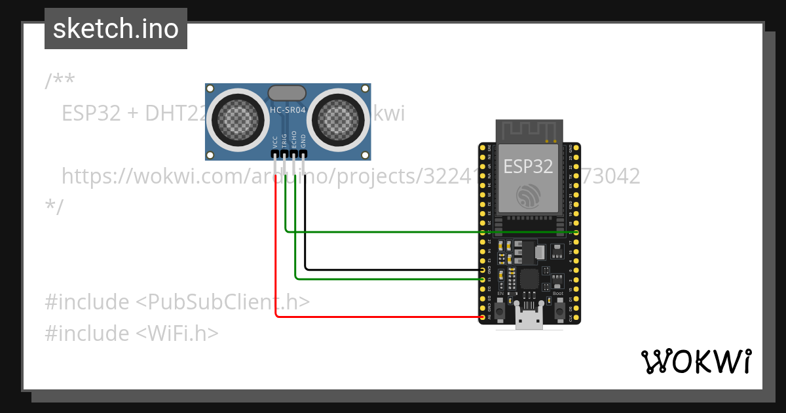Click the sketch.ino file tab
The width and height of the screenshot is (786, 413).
pos(116,29)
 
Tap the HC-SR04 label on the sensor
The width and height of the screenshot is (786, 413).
pos(288,111)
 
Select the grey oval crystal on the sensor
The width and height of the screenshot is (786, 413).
pos(286,92)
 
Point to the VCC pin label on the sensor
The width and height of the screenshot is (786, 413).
pos(275,141)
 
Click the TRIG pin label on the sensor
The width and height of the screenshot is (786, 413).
pos(284,140)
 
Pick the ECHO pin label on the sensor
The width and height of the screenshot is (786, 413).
pos(294,139)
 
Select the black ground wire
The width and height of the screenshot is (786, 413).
pos(393,269)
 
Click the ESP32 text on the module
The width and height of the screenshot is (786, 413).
pos(528,167)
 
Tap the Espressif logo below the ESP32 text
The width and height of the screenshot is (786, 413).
pos(527,196)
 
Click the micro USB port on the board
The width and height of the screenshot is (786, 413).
pos(529,321)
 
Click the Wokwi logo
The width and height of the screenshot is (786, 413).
pos(696,362)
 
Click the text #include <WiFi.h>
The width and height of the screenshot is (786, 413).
pos(131,333)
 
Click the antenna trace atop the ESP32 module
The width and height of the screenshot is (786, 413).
pos(529,131)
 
